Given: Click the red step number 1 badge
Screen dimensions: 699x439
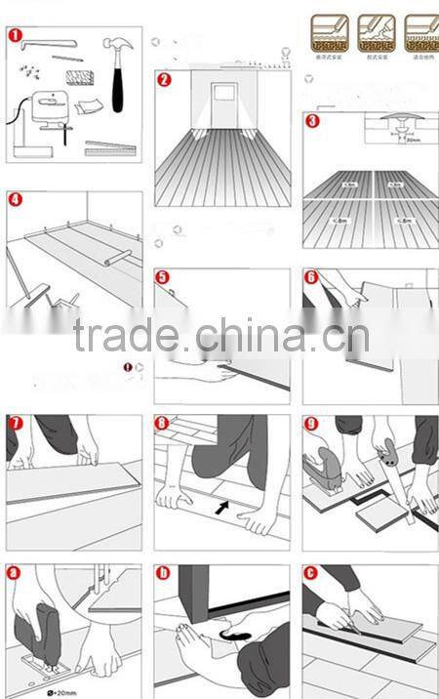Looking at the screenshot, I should [16, 37].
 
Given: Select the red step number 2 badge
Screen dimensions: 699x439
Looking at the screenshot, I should [164, 80].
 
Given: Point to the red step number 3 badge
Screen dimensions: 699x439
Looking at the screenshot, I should [312, 122].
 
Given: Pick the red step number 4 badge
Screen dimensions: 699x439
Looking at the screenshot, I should [15, 199].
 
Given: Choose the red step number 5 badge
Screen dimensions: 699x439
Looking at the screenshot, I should [163, 277].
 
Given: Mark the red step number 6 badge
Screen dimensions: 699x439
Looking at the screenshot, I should [311, 277].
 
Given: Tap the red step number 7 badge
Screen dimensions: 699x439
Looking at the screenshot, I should [15, 424].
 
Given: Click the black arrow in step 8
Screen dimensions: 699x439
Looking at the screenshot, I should [225, 508].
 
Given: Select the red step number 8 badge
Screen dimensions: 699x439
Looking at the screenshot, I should [163, 424].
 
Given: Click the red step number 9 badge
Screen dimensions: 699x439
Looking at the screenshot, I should [311, 424].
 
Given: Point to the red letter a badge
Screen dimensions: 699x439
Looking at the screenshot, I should [15, 572].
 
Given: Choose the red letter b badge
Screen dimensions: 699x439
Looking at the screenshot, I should [163, 572].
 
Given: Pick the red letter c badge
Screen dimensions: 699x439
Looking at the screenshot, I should [311, 572].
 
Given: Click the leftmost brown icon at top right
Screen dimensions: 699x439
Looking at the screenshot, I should [327, 32].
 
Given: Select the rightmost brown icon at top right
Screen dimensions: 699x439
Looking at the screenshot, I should [421, 32].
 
